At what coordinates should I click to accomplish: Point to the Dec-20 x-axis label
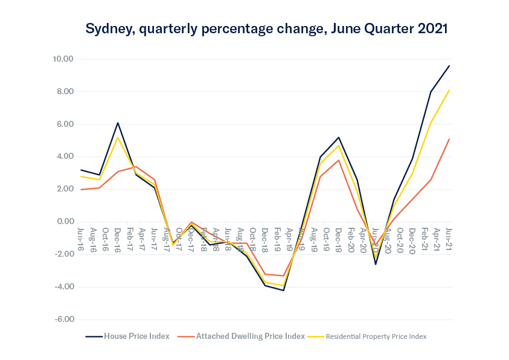[x=412, y=238]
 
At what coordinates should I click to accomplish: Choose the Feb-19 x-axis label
[x=277, y=238]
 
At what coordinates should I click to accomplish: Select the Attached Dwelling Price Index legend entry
[x=250, y=336]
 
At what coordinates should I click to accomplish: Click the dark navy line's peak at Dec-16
[x=118, y=123]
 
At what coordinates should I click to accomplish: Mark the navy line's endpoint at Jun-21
[x=449, y=66]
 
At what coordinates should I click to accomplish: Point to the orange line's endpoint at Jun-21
[x=449, y=139]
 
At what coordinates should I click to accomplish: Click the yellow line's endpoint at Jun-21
[x=449, y=90]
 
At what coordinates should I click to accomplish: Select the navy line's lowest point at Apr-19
[x=283, y=291]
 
